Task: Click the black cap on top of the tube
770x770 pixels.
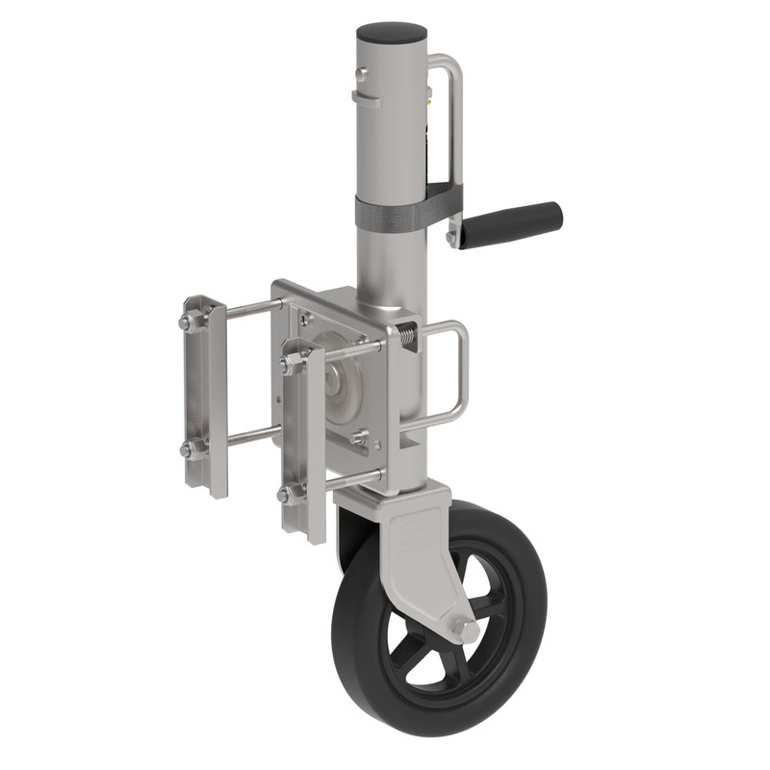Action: click(391, 32)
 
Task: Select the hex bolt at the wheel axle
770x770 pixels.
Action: click(465, 629)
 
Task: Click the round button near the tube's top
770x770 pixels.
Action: click(362, 74)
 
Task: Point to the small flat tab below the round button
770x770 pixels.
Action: click(365, 96)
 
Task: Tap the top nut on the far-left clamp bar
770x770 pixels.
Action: click(190, 319)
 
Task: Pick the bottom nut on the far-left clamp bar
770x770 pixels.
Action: click(190, 448)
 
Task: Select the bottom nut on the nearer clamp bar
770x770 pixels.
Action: click(289, 495)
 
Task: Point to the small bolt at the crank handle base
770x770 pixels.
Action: click(449, 237)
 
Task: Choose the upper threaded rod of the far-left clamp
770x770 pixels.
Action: click(250, 307)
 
